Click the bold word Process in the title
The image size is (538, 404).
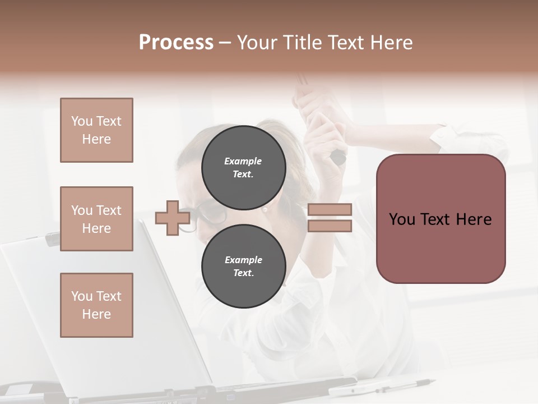point(176,43)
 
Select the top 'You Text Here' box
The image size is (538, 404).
point(96,130)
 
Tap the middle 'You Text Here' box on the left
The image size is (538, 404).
point(96,219)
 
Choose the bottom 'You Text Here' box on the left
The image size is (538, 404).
point(96,305)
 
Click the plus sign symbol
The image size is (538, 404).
point(173,218)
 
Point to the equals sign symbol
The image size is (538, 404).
point(330,218)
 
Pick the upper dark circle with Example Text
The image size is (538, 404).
point(243,167)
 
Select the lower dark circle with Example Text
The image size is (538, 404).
point(243,267)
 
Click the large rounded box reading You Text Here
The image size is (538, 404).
point(440,219)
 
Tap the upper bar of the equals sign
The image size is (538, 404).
point(330,209)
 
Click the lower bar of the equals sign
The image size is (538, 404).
point(330,226)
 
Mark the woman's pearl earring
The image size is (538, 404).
point(265,210)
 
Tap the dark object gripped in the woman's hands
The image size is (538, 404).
point(338,158)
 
